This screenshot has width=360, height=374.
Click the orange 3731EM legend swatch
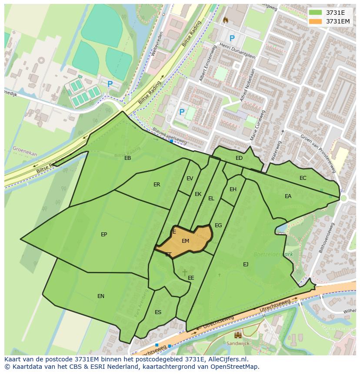click(316, 21)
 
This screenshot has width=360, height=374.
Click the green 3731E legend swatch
click(316, 12)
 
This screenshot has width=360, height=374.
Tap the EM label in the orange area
click(186, 241)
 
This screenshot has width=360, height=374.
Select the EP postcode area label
click(104, 235)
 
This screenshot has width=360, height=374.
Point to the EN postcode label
click(101, 296)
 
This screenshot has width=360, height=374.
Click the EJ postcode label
click(246, 264)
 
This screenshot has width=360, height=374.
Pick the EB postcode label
click(127, 158)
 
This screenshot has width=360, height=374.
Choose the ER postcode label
click(157, 185)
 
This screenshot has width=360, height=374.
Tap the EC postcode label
click(303, 178)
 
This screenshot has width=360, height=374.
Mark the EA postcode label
click(288, 196)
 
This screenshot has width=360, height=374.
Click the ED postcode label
click(239, 158)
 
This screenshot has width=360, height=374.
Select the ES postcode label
click(158, 312)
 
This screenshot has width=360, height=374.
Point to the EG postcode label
click(218, 225)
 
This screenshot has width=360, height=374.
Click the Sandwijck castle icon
click(238, 335)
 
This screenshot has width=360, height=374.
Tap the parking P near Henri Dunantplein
click(232, 38)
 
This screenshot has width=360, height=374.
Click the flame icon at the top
click(225, 20)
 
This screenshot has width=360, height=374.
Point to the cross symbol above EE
click(185, 272)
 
